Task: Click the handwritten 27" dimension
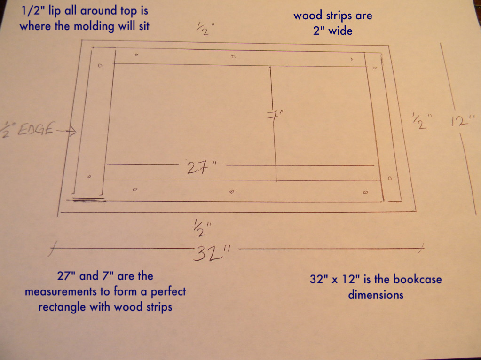pyautogui.click(x=201, y=168)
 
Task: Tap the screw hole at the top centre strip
pyautogui.click(x=234, y=57)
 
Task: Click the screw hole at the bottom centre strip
pyautogui.click(x=231, y=192)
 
